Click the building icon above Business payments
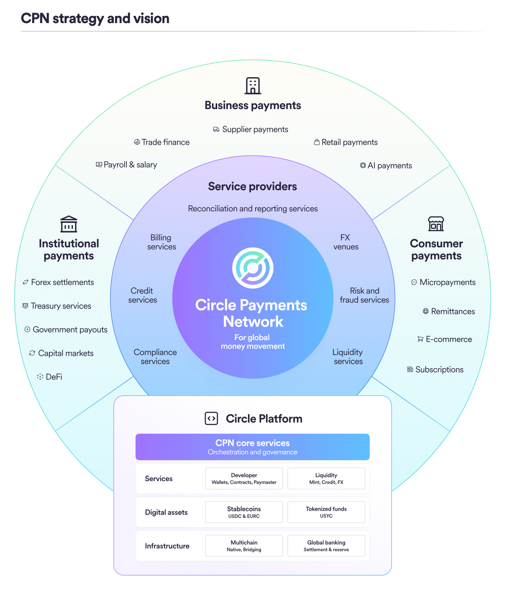pyautogui.click(x=253, y=86)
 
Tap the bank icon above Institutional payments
pyautogui.click(x=68, y=224)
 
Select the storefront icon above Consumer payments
pyautogui.click(x=436, y=224)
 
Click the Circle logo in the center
pyautogui.click(x=253, y=268)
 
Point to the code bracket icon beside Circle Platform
pyautogui.click(x=211, y=419)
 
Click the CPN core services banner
pyautogui.click(x=253, y=447)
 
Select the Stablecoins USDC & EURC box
pyautogui.click(x=244, y=512)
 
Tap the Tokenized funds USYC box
pyautogui.click(x=326, y=512)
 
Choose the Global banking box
pyautogui.click(x=326, y=546)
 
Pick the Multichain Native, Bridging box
pyautogui.click(x=244, y=546)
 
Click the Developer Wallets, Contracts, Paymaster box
pyautogui.click(x=244, y=478)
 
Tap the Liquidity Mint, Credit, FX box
pyautogui.click(x=326, y=478)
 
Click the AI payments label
pyautogui.click(x=389, y=166)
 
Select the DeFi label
pyautogui.click(x=54, y=377)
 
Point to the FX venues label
pyautogui.click(x=346, y=242)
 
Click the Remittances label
pyautogui.click(x=453, y=312)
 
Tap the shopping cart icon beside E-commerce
pyautogui.click(x=420, y=339)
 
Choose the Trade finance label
pyautogui.click(x=166, y=142)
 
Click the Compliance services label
pyautogui.click(x=155, y=357)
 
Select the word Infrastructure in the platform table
pyautogui.click(x=167, y=546)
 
